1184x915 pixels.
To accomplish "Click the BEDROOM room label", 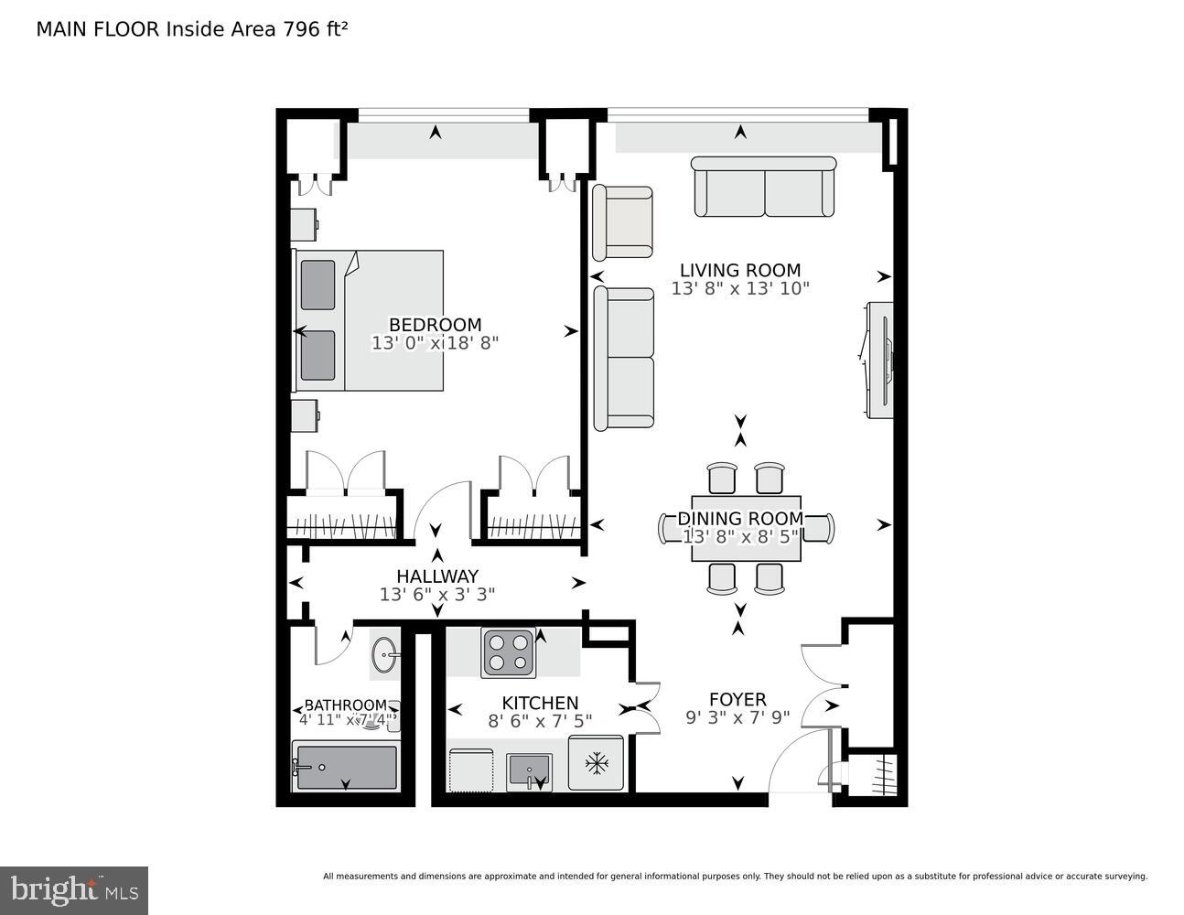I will point(435,325).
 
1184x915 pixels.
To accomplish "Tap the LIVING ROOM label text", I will point(739,270).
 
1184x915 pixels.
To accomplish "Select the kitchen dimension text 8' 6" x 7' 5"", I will point(540,721).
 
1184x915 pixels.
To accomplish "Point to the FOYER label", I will point(737,700).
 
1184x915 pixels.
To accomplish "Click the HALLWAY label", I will point(436,576).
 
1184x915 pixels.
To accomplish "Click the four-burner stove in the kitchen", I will point(509,653).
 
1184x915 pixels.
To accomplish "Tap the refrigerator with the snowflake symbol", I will point(596,762).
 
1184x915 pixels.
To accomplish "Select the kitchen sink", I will point(529,770).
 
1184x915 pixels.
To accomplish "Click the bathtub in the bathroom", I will point(346,767).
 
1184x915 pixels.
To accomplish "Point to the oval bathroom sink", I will point(384,654).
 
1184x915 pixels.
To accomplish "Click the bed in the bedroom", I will point(369,321).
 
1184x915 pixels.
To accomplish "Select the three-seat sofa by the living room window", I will point(764,187).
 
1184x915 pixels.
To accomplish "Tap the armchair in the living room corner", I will point(623,222).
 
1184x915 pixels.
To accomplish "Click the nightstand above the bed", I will point(305,223).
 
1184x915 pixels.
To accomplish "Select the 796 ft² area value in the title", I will point(313,29).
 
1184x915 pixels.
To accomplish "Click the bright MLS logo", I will point(74,890).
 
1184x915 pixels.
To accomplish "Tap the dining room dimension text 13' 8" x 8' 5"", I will point(741,537).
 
